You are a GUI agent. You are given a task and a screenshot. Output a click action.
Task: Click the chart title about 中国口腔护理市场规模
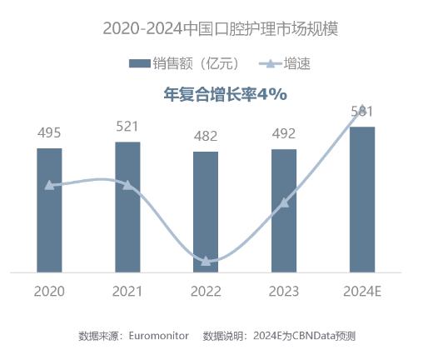[221, 28]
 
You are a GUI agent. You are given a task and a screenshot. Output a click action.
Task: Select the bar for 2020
[49, 210]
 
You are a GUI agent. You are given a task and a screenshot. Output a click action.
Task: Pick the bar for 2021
[127, 207]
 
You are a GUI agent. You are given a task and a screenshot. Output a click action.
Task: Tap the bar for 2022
[206, 212]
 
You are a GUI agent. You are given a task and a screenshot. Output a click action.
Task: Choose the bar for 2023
[284, 211]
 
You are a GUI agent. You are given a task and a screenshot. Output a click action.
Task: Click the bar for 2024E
[362, 199]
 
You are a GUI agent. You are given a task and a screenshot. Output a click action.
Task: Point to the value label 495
[49, 132]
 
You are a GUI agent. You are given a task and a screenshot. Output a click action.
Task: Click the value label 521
[127, 127]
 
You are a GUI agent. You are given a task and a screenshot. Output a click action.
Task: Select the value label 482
[206, 136]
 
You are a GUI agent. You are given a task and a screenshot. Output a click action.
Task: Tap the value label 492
[284, 133]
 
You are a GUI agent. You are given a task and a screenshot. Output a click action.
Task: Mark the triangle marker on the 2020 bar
[49, 185]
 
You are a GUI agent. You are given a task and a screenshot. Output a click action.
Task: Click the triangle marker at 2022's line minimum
[206, 262]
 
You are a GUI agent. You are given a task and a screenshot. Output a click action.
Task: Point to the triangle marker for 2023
[284, 202]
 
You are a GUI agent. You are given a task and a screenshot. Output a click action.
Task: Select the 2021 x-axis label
[127, 291]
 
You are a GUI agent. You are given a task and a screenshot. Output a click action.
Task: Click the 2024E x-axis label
[362, 291]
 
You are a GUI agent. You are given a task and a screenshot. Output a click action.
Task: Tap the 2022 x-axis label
[206, 291]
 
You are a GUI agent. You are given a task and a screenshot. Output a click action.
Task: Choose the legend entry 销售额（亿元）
[184, 63]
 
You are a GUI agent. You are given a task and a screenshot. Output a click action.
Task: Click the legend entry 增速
[285, 63]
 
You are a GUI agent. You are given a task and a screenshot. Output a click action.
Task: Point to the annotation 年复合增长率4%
[225, 94]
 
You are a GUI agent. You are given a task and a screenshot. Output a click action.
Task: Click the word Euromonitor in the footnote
[159, 335]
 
